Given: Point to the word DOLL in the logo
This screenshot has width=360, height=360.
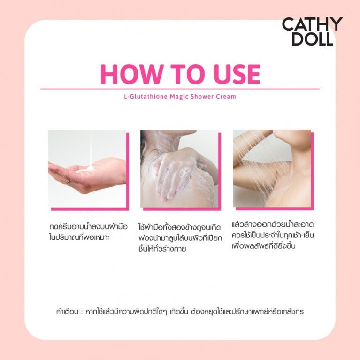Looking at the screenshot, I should point(312,39).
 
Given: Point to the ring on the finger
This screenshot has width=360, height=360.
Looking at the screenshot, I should point(69,180).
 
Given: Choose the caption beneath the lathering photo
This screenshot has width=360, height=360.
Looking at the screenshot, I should point(179,238).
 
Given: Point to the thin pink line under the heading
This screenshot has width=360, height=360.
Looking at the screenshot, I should point(180,89).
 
